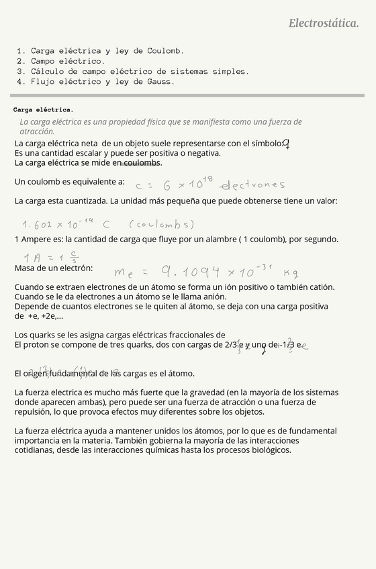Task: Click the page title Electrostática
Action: click(323, 23)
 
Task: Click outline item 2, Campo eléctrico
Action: click(67, 61)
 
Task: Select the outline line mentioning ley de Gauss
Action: click(102, 82)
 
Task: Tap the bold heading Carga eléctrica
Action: click(43, 109)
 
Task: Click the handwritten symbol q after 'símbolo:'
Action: click(286, 144)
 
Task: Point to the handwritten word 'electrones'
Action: click(252, 185)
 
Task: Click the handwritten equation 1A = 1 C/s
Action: click(51, 257)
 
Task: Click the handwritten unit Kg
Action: click(291, 273)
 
